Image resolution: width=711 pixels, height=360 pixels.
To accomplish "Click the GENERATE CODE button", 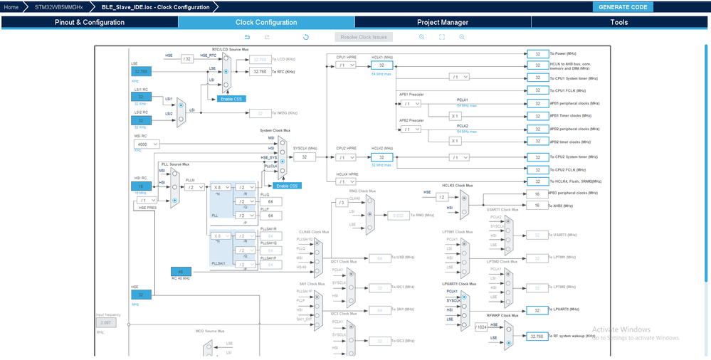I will (623, 7).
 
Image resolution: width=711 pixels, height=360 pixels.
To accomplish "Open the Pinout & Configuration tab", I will (90, 22).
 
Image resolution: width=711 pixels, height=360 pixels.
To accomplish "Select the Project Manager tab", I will (443, 22).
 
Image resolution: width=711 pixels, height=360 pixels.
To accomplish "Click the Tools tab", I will (619, 22).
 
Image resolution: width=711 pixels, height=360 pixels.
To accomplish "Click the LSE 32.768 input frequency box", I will (141, 72).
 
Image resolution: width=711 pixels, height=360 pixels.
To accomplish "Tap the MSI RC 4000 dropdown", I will (146, 144).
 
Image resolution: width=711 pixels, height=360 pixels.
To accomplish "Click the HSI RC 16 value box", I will (141, 186).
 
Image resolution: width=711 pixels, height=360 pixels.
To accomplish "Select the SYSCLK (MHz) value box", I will (304, 157).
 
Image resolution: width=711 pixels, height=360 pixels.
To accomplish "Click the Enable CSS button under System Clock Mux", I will (288, 186).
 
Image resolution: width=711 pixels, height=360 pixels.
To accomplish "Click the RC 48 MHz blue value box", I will (181, 271).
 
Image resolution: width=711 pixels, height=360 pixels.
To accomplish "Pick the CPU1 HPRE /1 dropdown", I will (345, 65).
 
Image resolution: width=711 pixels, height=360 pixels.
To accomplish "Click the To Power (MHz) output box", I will (537, 53).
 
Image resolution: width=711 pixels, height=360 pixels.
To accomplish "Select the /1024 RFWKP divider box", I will (482, 327).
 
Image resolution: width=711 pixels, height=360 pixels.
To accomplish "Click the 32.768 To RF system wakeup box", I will (537, 336).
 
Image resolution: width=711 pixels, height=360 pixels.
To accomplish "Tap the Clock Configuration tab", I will (266, 22).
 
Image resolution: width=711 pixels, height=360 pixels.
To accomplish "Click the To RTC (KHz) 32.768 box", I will (260, 72).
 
